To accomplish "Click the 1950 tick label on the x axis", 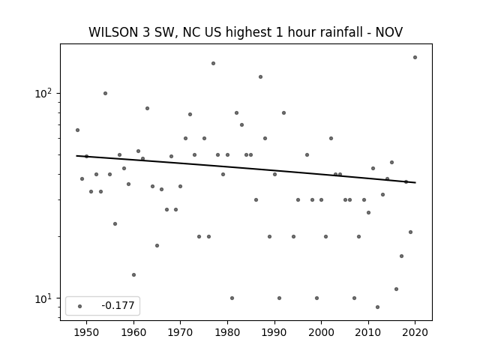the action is [86, 332].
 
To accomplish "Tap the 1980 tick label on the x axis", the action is [227, 332].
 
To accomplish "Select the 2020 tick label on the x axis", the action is [415, 332].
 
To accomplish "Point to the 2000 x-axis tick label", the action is [321, 332].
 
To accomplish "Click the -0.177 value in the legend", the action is [118, 305].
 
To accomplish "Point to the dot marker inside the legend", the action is [80, 306].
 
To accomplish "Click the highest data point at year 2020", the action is [415, 57].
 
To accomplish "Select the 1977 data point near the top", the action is [213, 63].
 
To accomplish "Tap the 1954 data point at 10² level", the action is [105, 93].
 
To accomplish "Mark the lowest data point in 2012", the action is [377, 307].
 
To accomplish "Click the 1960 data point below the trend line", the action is [133, 275].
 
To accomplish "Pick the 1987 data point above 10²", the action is [260, 76].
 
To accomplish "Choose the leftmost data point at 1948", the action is [77, 130].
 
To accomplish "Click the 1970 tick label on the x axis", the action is [180, 332].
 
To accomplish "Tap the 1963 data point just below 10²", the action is [147, 108].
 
